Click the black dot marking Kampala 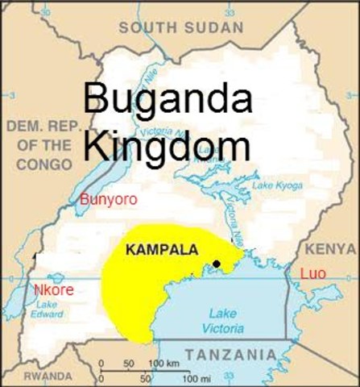pyautogui.click(x=217, y=264)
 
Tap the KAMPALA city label pyautogui.click(x=162, y=250)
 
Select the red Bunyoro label pyautogui.click(x=109, y=199)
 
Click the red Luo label pyautogui.click(x=312, y=274)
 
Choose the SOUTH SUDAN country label pyautogui.click(x=180, y=27)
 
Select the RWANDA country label pyautogui.click(x=47, y=376)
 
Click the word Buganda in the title pyautogui.click(x=168, y=101)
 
